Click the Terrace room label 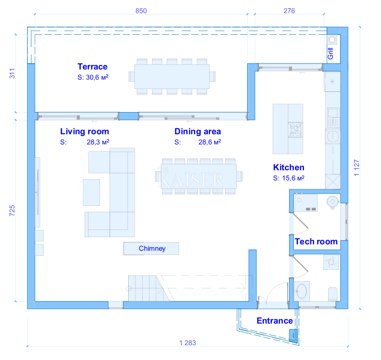tap(92, 66)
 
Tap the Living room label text tap(85, 131)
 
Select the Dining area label tap(198, 131)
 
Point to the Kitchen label tap(289, 167)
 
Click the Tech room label tap(316, 241)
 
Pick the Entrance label tap(275, 321)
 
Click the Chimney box tap(151, 249)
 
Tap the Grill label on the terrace tap(331, 53)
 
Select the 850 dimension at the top tap(141, 11)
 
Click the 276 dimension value tap(289, 11)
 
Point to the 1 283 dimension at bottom tap(188, 343)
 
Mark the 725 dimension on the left tap(12, 210)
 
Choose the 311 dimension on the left tap(12, 74)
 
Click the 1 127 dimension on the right tap(356, 168)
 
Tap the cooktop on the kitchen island tap(295, 130)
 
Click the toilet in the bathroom tap(333, 294)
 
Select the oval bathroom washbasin tap(302, 291)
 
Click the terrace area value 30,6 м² tap(93, 78)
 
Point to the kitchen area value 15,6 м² tap(289, 178)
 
